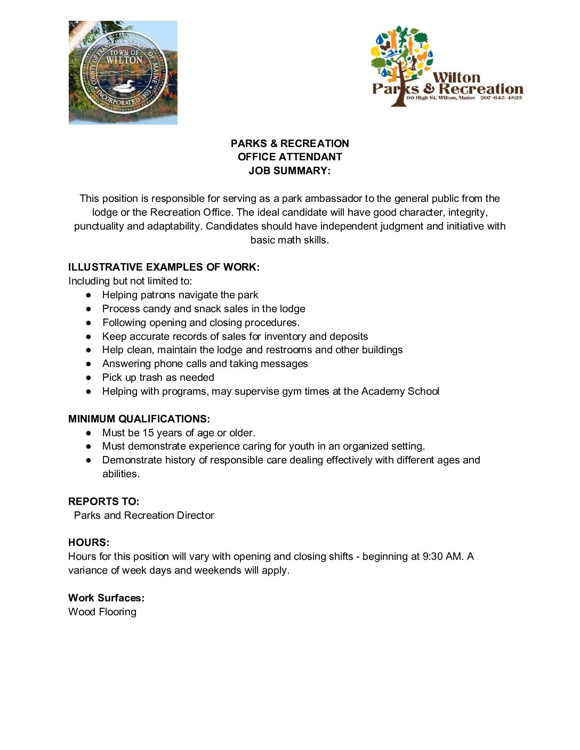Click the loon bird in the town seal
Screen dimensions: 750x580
124,85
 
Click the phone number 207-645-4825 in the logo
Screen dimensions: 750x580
501,98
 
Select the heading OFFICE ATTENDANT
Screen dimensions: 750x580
289,157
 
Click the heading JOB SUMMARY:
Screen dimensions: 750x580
289,171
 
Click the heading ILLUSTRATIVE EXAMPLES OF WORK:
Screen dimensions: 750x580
164,267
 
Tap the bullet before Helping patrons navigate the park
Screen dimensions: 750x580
89,295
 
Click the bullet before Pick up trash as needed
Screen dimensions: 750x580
89,378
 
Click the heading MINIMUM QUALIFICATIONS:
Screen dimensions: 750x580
139,419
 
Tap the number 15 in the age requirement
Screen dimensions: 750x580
148,433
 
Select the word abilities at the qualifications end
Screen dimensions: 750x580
120,474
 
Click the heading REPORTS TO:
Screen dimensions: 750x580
103,502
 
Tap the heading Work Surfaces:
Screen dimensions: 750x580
106,598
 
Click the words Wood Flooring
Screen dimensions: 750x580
102,612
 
